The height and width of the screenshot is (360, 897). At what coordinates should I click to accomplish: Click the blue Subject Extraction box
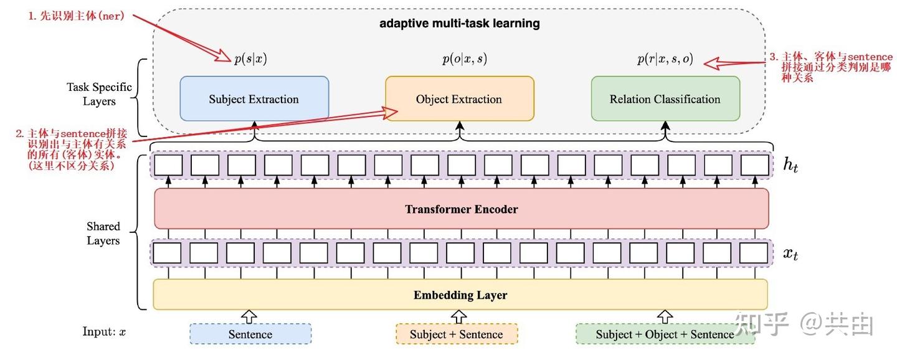(x=254, y=98)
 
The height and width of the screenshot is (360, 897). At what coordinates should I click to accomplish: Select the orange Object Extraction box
(x=459, y=98)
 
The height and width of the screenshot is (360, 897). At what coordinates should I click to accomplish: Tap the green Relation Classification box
(x=665, y=98)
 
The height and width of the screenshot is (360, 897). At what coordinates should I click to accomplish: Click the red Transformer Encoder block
(x=461, y=209)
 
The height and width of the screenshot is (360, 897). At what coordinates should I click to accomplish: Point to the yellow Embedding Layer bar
(x=460, y=295)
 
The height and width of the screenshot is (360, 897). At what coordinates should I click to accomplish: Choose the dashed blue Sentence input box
(x=250, y=334)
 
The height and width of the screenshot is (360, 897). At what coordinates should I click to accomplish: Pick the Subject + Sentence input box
(x=456, y=334)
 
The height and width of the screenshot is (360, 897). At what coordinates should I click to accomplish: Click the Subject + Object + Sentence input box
(x=665, y=334)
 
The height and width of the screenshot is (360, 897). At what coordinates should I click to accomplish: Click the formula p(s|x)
(x=250, y=59)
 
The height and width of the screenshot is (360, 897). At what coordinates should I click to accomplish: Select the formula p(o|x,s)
(x=464, y=59)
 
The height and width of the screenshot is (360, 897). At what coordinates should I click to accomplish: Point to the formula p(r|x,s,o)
(x=665, y=59)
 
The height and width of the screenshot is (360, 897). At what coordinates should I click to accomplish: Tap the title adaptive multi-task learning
(x=460, y=24)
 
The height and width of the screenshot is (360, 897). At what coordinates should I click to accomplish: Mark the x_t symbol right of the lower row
(x=790, y=253)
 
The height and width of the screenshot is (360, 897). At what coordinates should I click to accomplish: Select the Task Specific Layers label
(x=100, y=94)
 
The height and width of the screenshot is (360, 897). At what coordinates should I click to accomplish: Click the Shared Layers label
(x=103, y=234)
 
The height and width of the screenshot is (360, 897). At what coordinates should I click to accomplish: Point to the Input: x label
(x=105, y=331)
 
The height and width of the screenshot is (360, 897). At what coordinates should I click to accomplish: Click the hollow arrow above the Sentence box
(x=249, y=316)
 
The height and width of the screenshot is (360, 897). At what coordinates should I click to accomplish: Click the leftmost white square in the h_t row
(x=168, y=165)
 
